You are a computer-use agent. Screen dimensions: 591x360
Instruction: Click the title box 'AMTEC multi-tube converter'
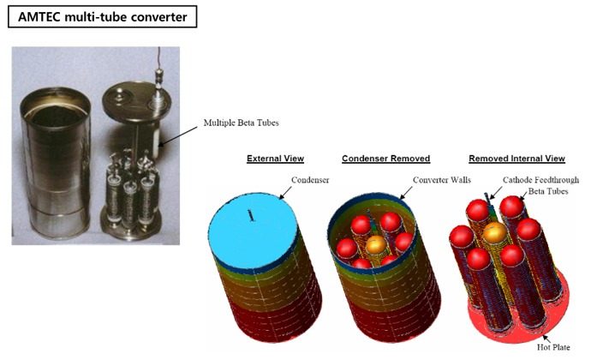[x=102, y=16]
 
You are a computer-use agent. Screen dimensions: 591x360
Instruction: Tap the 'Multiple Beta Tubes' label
[x=241, y=123]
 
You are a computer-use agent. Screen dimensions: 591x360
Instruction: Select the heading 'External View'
[x=275, y=159]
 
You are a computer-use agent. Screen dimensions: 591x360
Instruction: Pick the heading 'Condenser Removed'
[x=386, y=159]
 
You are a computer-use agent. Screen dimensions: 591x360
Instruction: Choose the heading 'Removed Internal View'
[x=516, y=159]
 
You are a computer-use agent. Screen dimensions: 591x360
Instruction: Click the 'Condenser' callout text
[x=310, y=180]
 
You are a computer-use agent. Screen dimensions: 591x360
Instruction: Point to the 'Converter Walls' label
[x=442, y=180]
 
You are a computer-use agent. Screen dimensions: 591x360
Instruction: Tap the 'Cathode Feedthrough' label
[x=540, y=180]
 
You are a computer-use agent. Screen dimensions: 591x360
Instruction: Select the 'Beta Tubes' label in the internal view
[x=548, y=191]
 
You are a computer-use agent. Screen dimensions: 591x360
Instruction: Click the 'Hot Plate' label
[x=553, y=347]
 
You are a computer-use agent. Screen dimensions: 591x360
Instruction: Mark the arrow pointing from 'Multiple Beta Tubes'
[x=178, y=135]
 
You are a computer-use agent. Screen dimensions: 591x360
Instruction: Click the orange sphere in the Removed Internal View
[x=495, y=232]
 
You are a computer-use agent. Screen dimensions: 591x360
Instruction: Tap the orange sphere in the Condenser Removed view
[x=376, y=245]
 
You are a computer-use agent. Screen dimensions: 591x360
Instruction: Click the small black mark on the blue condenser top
[x=250, y=215]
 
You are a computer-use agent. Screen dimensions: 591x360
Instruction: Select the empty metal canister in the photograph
[x=56, y=162]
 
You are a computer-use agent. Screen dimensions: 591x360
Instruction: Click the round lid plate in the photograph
[x=137, y=101]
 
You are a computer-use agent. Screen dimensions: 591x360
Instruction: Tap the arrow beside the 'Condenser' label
[x=284, y=193]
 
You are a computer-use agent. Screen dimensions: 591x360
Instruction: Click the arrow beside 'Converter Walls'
[x=406, y=193]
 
